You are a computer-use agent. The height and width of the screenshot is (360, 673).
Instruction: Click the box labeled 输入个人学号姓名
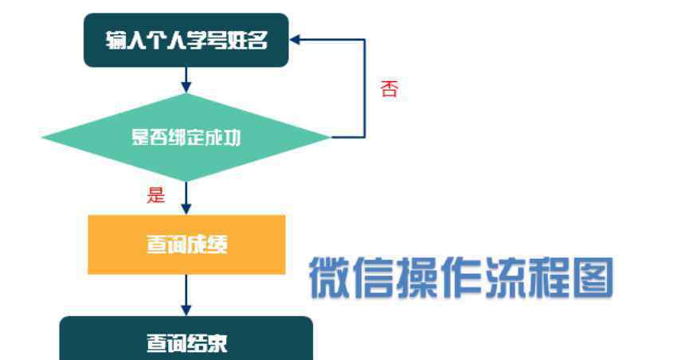[186, 40]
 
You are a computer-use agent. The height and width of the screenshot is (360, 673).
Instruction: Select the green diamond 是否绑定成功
[186, 137]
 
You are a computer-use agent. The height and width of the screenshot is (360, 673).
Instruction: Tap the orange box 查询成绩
[186, 245]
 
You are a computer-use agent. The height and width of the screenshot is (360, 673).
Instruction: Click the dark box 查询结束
[186, 338]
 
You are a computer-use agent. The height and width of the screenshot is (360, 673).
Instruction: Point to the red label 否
[389, 89]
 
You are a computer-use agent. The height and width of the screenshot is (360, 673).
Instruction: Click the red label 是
[156, 195]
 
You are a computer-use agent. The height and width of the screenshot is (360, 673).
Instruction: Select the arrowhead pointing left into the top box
[295, 40]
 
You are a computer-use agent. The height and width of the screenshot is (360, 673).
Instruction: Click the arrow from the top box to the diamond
[186, 80]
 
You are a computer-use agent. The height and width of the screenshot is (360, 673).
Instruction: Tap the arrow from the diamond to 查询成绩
[186, 198]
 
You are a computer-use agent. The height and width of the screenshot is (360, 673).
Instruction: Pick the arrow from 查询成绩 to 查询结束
[186, 295]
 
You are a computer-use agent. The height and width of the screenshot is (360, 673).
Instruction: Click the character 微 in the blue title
[329, 277]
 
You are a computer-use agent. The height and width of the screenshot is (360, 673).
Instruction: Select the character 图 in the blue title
[593, 277]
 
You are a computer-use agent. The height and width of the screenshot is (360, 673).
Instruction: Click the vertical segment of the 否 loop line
[365, 88]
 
